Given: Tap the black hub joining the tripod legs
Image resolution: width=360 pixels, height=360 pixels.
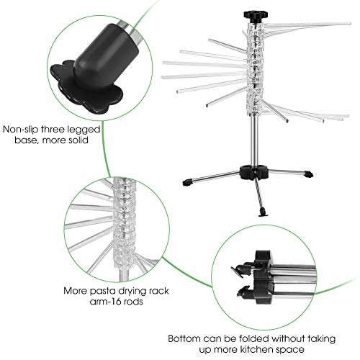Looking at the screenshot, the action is click(254, 172).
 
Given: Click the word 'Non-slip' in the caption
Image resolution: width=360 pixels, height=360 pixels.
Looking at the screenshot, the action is click(21, 130).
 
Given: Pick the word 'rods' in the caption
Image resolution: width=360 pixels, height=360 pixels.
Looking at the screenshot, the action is click(132, 302).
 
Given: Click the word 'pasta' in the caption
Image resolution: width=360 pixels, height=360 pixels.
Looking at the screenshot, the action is click(102, 292).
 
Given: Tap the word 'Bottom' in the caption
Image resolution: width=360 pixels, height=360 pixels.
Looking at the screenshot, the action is click(184, 338).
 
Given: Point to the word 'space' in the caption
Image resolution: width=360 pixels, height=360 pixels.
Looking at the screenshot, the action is click(290, 350).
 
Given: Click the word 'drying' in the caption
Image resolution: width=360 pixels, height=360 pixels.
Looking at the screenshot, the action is click(131, 292).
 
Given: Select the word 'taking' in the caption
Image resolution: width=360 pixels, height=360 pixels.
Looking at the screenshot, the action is click(322, 339).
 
